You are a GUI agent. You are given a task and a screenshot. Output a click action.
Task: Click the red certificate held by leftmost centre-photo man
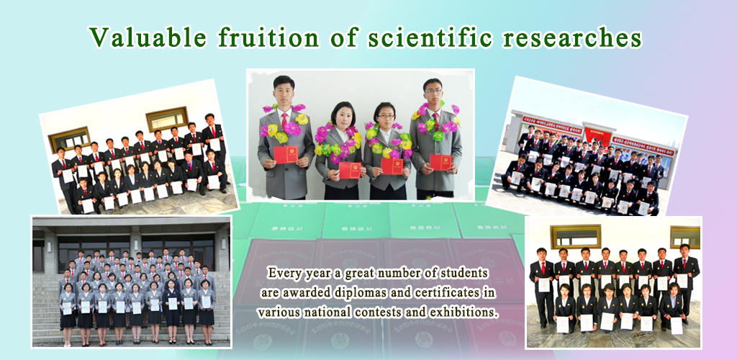(x=286, y=154)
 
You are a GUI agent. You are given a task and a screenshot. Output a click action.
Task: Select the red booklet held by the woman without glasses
(x=350, y=170)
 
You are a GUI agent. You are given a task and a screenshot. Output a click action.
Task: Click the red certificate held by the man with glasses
(x=440, y=162)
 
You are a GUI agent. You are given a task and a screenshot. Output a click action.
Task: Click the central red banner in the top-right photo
(x=598, y=135)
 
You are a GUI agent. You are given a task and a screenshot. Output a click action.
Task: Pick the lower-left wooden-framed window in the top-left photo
(x=69, y=138)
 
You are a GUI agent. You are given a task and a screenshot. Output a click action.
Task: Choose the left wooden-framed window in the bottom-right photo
(x=575, y=235)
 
